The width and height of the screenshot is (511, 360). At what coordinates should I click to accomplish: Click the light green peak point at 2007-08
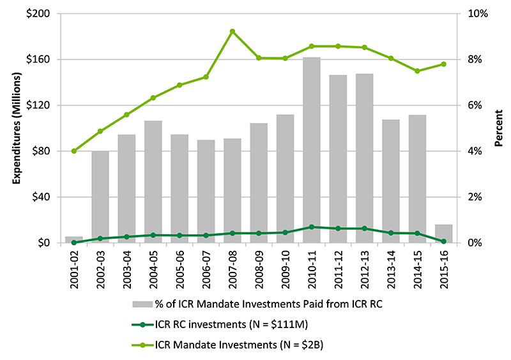coord(232,31)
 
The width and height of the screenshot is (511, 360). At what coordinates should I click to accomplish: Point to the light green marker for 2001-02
coord(74,151)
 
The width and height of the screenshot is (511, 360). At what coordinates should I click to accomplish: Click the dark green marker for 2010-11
coord(311,227)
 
